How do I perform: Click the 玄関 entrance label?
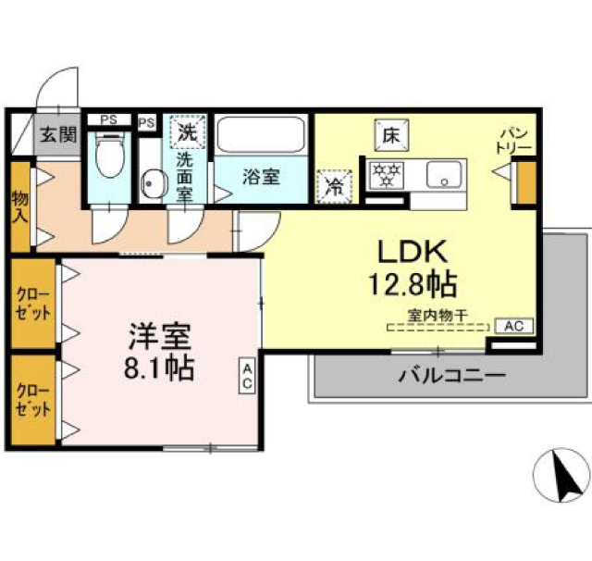56,135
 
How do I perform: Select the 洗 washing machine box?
188,131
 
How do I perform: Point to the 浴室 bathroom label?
262,175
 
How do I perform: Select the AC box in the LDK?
514,325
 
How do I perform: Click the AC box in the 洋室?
248,375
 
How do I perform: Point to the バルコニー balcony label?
451,377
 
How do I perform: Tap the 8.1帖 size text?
159,368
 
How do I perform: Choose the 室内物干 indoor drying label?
437,315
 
